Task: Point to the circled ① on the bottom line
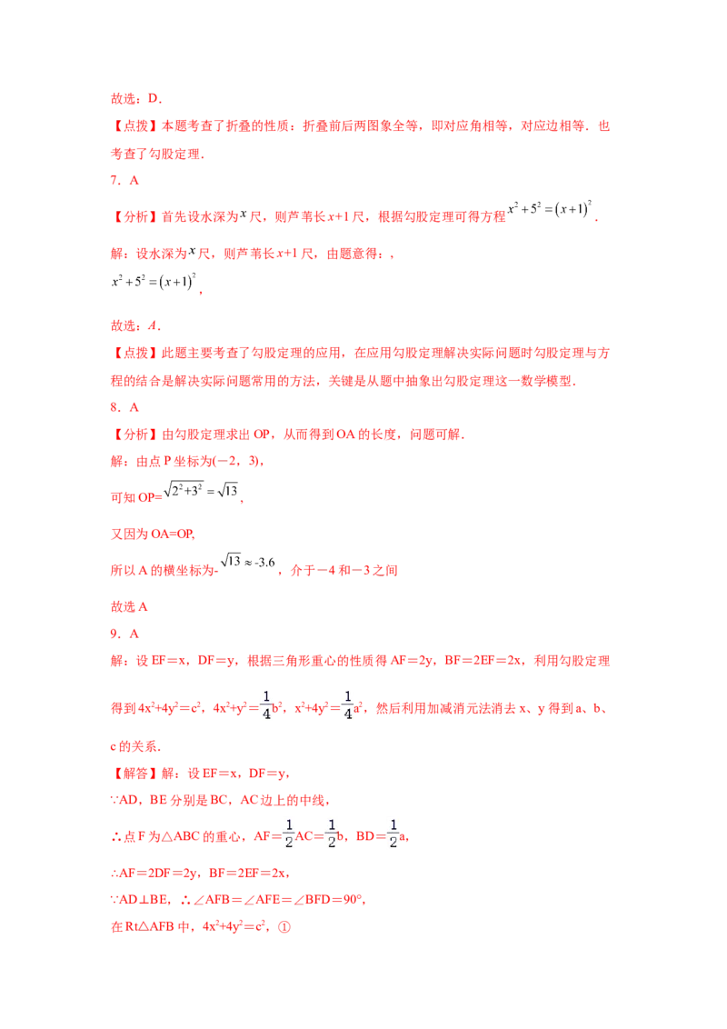coord(284,927)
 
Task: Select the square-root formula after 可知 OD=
coord(207,495)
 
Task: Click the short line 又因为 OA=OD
coord(140,534)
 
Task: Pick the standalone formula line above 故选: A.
coord(155,284)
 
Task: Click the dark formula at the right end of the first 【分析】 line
coord(554,209)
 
